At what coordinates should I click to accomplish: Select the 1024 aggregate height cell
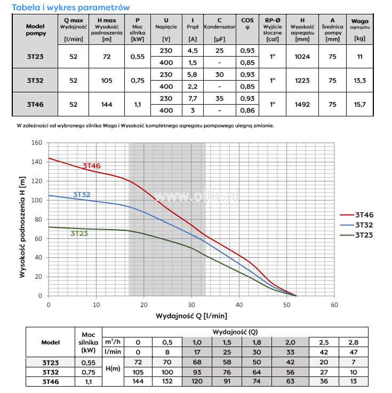[x=302, y=56]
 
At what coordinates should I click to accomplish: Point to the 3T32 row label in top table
[x=35, y=80]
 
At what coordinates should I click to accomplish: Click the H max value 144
[x=106, y=104]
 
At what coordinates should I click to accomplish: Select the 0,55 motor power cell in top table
[x=137, y=56]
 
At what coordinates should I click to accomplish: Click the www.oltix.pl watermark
[x=196, y=196]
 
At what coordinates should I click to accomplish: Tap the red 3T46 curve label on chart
[x=91, y=166]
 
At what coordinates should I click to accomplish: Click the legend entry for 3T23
[x=364, y=235]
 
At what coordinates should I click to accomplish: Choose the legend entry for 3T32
[x=364, y=225]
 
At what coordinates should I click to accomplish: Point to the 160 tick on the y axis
[x=36, y=143]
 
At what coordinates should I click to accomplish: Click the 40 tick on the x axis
[x=239, y=305]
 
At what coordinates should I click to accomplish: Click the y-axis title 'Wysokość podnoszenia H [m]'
[x=22, y=219]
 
